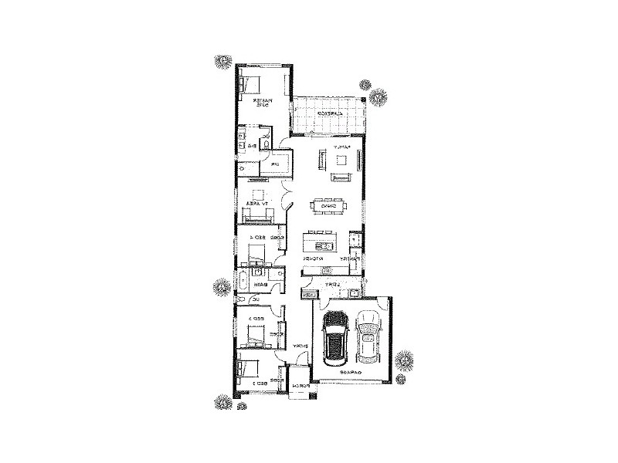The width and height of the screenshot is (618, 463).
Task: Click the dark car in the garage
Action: coord(334,337)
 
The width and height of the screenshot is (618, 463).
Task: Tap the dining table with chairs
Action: coord(328,206)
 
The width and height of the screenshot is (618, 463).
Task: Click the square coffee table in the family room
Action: coord(341,160)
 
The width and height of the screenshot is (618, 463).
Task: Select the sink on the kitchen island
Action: coord(324,247)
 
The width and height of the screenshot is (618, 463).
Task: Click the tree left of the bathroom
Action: coord(221,288)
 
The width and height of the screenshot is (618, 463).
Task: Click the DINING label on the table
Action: coord(328,206)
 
